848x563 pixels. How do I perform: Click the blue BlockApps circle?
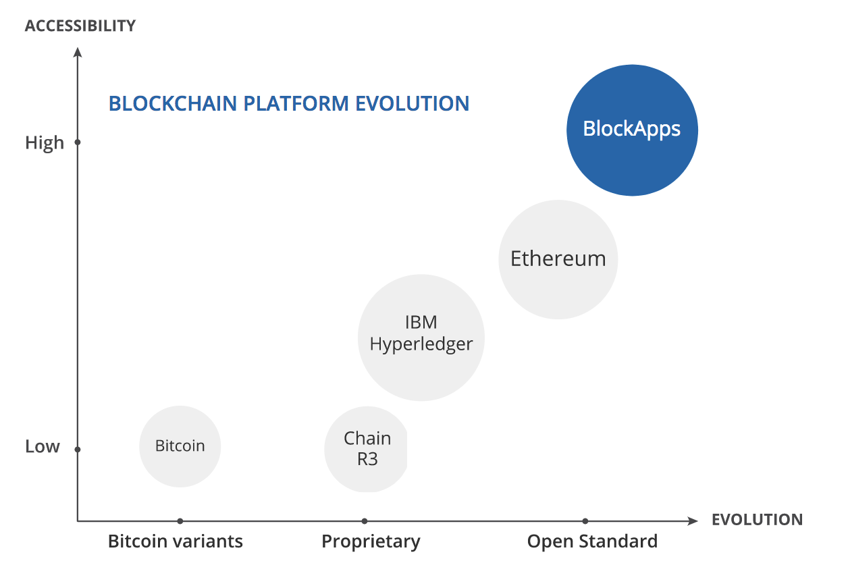coord(632,130)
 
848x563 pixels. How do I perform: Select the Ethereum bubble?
coord(558,259)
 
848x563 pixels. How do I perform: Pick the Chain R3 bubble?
coord(367,449)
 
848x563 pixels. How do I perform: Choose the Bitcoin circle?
coord(180,446)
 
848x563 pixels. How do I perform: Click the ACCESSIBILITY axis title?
coord(80,26)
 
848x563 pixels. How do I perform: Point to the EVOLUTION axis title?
coord(757,520)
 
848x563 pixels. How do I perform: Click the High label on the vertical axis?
coord(45,143)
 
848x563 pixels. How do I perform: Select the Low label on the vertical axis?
coord(43,447)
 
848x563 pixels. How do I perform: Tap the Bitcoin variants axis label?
coord(176,541)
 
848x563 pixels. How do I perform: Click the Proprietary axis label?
coord(371,541)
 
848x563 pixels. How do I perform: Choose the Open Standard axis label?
coord(592,541)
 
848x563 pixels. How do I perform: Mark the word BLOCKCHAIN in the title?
coord(174,104)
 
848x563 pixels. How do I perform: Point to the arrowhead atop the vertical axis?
coord(78,52)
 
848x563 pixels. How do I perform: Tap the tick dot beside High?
coord(78,142)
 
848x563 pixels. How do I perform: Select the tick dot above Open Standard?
coord(585,521)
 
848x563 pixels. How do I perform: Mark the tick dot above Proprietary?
coord(365,521)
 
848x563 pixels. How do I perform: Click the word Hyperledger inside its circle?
coord(421,344)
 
